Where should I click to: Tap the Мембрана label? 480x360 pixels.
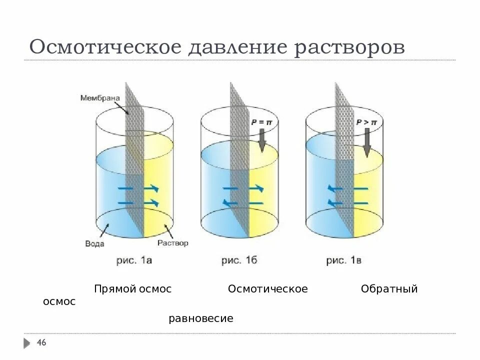[100, 98]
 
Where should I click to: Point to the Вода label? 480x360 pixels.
[94, 243]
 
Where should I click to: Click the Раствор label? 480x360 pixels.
[172, 243]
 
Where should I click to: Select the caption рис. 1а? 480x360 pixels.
[134, 260]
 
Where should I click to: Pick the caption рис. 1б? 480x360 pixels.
[239, 260]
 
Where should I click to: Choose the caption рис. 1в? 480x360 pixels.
[343, 260]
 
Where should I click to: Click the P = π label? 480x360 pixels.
[261, 121]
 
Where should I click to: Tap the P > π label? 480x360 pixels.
[366, 121]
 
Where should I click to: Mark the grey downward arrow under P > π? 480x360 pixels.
[366, 142]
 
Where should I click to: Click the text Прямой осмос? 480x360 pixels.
[132, 289]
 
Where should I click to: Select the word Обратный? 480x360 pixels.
[389, 289]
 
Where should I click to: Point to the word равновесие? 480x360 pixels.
[201, 318]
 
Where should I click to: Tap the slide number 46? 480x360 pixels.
[41, 342]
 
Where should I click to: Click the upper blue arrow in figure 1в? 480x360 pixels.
[347, 188]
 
